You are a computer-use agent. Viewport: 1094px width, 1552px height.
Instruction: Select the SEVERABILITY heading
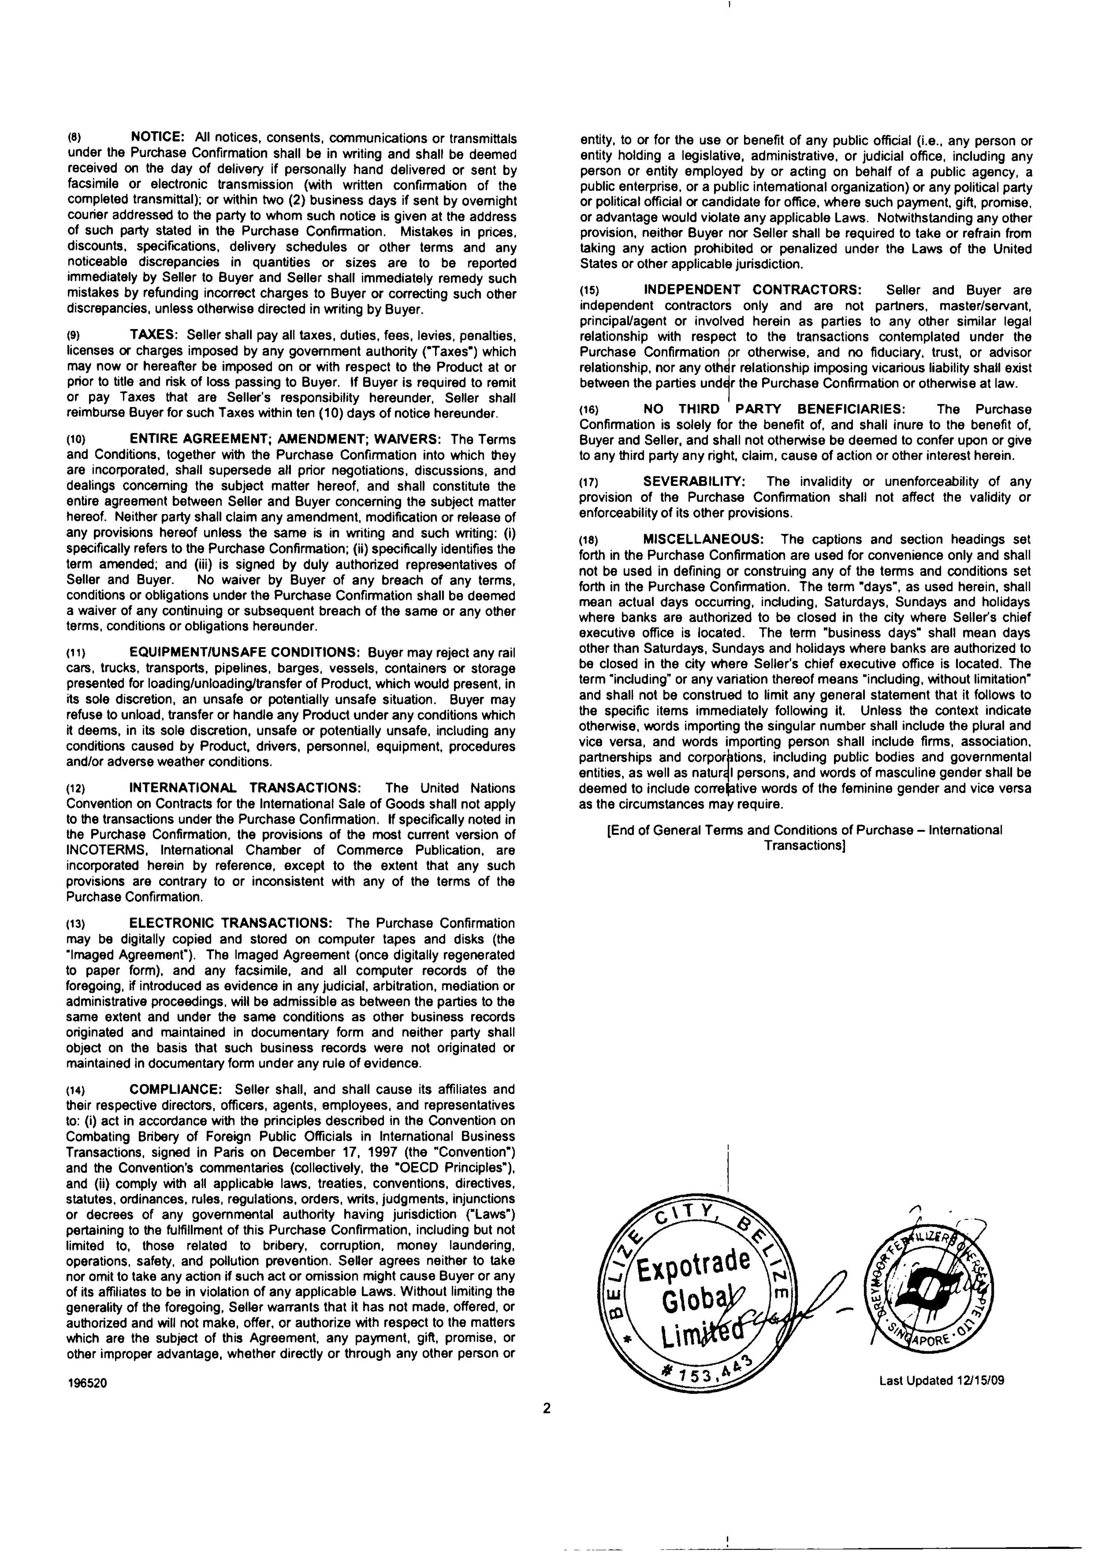pos(694,481)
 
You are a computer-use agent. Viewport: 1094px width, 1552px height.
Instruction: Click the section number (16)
pos(590,410)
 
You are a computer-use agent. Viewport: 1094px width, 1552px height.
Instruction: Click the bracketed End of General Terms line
pos(804,838)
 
